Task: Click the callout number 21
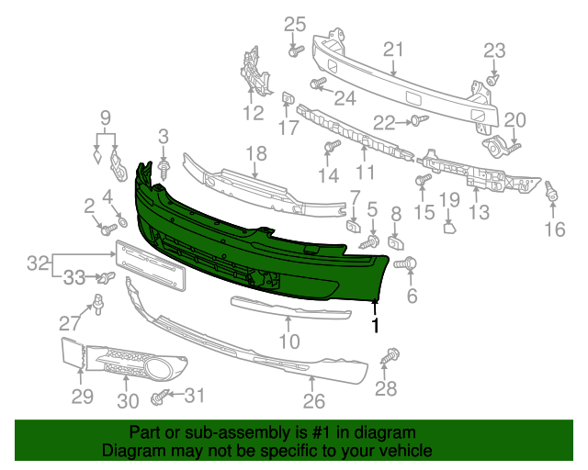(393, 49)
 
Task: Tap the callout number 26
(314, 401)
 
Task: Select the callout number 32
(38, 263)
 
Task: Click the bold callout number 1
(375, 324)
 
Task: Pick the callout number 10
(289, 342)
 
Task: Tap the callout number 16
(554, 229)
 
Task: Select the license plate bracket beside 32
(150, 263)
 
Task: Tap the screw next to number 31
(162, 397)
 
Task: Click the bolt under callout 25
(295, 51)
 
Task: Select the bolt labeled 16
(553, 194)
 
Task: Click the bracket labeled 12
(252, 73)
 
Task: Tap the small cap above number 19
(449, 227)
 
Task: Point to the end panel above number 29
(71, 354)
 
